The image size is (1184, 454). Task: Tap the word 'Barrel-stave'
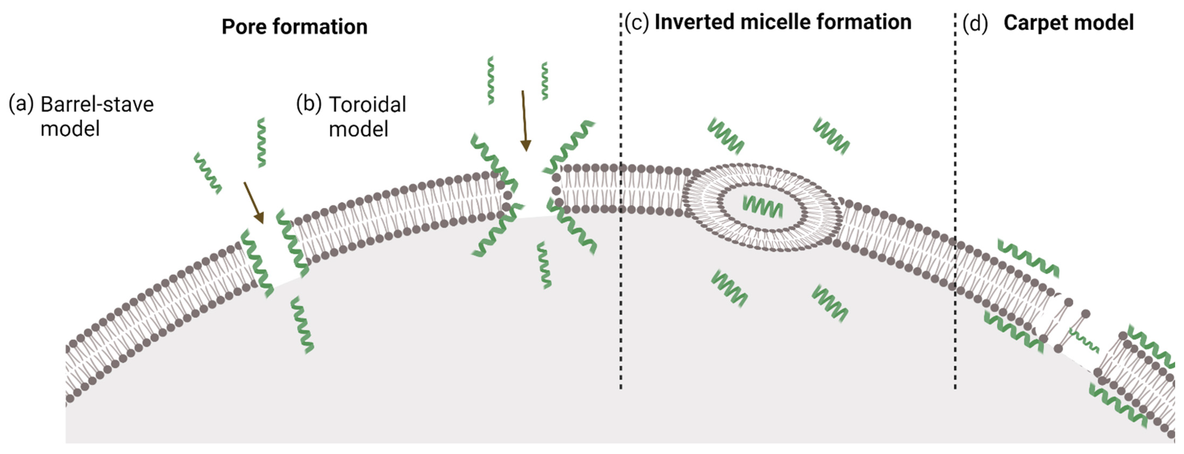tap(97, 105)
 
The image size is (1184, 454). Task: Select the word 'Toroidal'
tap(367, 105)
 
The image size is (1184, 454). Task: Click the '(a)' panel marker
tap(21, 104)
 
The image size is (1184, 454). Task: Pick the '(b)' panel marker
tap(308, 104)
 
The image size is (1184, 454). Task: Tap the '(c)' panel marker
tap(637, 22)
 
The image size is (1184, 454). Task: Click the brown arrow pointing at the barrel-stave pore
tap(254, 202)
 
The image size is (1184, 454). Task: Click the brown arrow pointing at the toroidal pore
tap(524, 120)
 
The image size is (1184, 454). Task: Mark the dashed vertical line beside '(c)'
tap(621, 275)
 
